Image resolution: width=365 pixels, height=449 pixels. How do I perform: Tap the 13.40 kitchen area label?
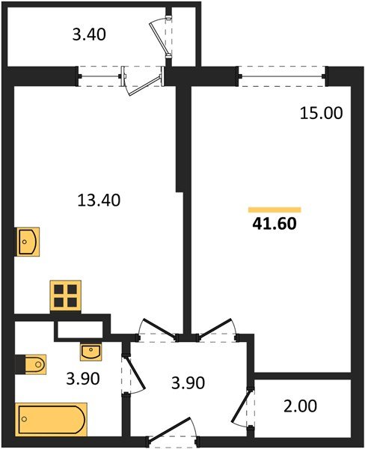pyautogui.click(x=99, y=200)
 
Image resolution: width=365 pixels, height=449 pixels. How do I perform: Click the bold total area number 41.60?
pyautogui.click(x=273, y=223)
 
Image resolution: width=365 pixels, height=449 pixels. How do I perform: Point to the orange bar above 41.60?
pyautogui.click(x=274, y=210)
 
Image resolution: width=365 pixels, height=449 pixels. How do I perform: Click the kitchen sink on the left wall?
pyautogui.click(x=28, y=242)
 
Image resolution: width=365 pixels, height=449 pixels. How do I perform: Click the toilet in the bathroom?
pyautogui.click(x=32, y=364)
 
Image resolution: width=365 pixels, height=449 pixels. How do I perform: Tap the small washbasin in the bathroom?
pyautogui.click(x=90, y=350)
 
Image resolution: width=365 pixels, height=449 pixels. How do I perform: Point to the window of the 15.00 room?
pyautogui.click(x=283, y=73)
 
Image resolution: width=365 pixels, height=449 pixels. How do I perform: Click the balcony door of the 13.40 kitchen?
pyautogui.click(x=144, y=79)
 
